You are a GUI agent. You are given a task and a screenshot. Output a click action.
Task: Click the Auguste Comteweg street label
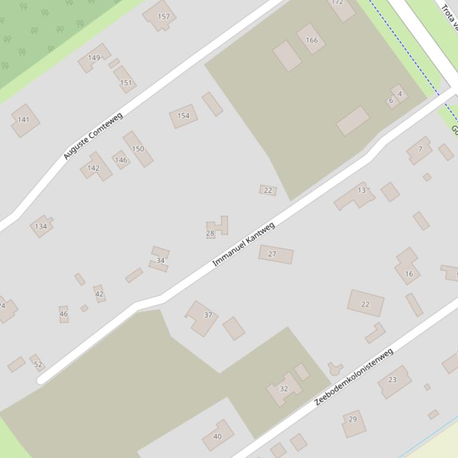[93, 136]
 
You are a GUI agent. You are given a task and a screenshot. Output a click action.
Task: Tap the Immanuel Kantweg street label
[244, 244]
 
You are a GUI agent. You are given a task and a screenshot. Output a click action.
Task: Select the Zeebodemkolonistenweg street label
[354, 377]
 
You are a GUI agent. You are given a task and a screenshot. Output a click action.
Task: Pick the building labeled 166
[311, 40]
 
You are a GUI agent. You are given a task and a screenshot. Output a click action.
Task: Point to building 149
[94, 58]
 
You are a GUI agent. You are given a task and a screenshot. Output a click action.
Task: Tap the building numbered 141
[24, 120]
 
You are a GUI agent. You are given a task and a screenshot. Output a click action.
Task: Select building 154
[183, 115]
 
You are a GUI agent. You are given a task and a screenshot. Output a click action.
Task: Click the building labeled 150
[138, 149]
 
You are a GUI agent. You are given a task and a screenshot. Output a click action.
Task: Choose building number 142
[94, 168]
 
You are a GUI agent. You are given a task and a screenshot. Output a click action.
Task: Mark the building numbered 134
[41, 226]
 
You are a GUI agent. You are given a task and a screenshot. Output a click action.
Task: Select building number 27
[275, 254]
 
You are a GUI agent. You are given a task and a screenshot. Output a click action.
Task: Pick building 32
[284, 389]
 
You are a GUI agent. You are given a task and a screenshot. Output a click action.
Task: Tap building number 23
[393, 380]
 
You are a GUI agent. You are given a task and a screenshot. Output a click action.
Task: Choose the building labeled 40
[217, 436]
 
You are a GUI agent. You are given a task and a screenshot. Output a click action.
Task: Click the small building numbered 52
[38, 363]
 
